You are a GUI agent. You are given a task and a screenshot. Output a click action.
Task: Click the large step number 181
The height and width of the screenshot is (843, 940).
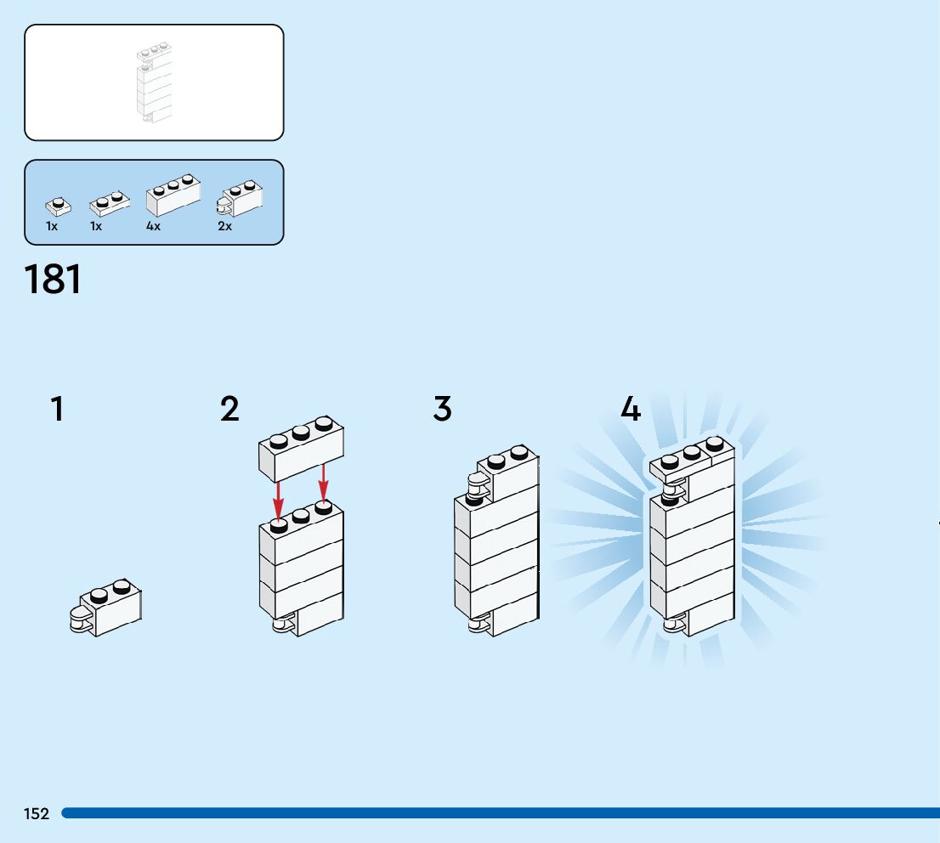tap(54, 280)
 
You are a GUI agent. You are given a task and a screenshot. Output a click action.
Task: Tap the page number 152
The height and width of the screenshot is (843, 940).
tap(37, 814)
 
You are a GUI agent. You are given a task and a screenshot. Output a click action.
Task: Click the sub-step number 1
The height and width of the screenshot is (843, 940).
tap(57, 410)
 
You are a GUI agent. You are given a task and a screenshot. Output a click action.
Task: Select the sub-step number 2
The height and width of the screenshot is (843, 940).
tap(229, 410)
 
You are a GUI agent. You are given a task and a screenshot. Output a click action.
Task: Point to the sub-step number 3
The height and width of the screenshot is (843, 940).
tap(442, 410)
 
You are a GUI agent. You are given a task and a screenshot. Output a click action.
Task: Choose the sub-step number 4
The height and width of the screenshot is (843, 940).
tap(630, 410)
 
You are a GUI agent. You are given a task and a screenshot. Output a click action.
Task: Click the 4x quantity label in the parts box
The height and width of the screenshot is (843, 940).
tap(153, 227)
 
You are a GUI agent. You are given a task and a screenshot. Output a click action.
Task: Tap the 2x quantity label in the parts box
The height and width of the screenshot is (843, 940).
tap(224, 227)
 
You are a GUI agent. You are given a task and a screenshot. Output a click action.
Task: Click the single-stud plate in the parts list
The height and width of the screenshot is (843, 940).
tap(58, 206)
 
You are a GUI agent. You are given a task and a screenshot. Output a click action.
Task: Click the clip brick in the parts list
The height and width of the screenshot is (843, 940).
tap(241, 197)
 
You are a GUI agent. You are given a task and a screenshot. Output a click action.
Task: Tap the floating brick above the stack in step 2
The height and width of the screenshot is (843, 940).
tap(302, 448)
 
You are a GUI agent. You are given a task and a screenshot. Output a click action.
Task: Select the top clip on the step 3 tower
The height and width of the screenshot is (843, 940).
tap(478, 488)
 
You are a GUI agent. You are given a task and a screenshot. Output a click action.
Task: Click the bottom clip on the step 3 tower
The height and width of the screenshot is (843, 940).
tap(478, 625)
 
